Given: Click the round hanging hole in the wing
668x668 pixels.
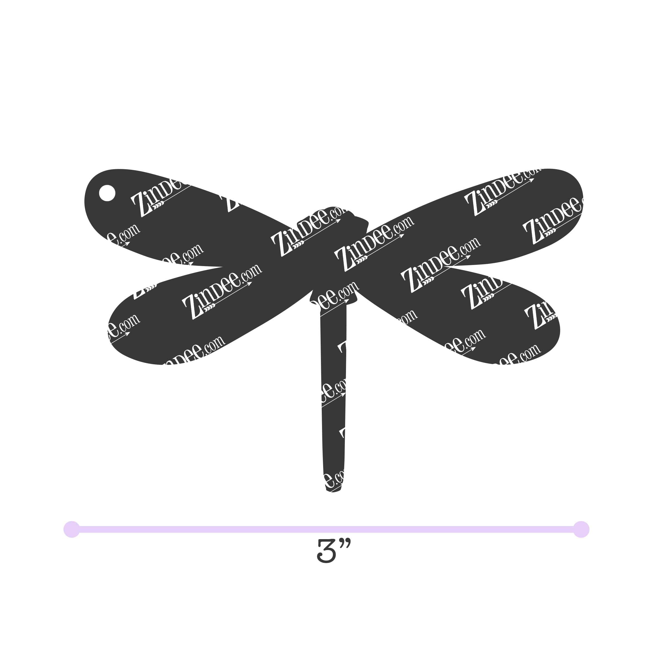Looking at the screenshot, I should point(107,193).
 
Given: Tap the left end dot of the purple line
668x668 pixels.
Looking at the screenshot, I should point(72,529).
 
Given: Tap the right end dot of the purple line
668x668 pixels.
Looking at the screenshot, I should point(581,529).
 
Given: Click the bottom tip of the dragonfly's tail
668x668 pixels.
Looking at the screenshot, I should point(333,490).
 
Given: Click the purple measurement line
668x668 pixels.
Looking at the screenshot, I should point(326,529).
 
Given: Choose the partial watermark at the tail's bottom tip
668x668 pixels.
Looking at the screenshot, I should point(334,479).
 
